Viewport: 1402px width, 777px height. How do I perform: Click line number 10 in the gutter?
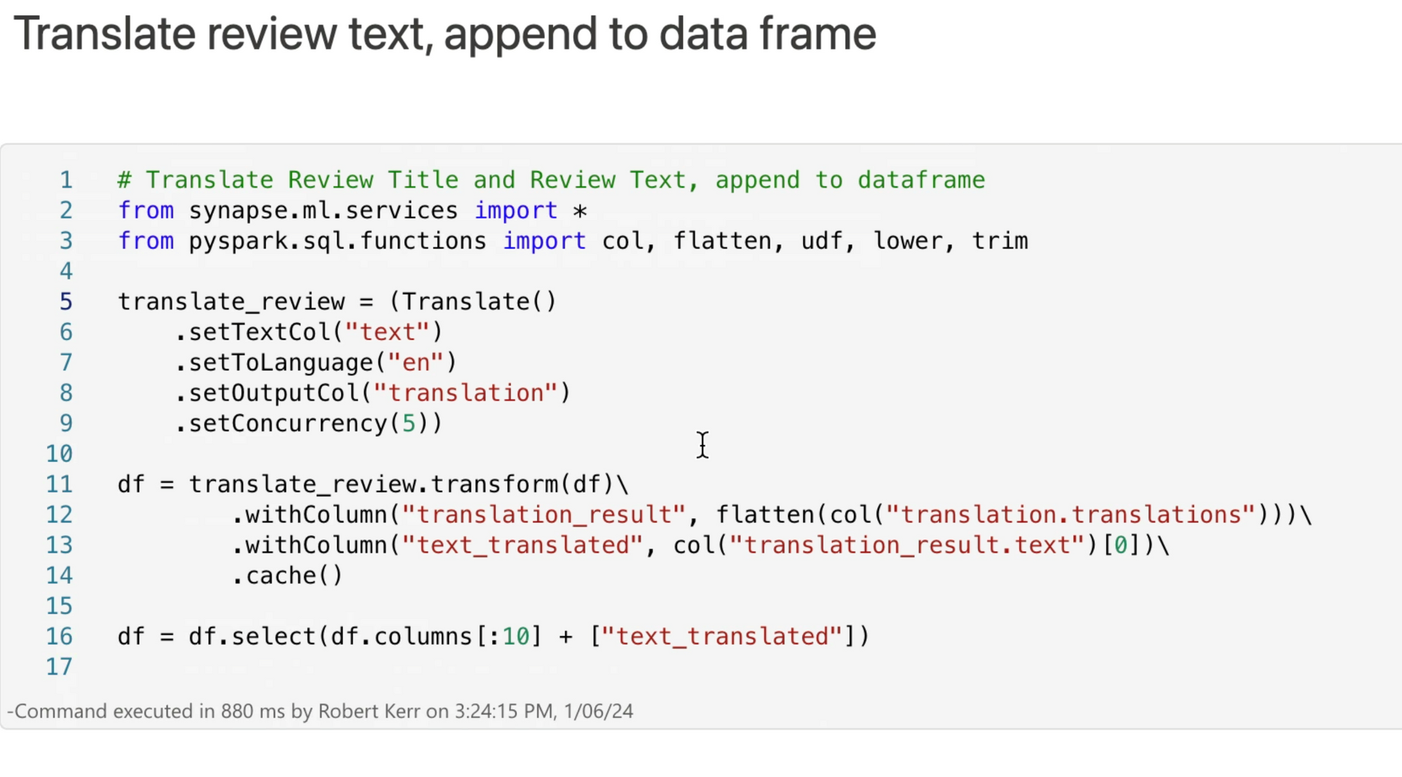point(60,454)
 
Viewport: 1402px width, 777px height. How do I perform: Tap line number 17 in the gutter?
point(60,666)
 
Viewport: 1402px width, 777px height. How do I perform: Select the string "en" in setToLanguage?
point(416,363)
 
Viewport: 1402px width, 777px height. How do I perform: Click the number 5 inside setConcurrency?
point(408,424)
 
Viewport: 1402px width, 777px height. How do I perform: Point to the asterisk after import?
point(580,210)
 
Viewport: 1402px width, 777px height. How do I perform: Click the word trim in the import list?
point(1000,241)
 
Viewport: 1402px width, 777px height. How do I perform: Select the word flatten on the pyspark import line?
point(722,241)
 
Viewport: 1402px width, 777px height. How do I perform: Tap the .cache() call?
point(287,576)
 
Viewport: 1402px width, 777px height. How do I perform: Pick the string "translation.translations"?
point(1070,515)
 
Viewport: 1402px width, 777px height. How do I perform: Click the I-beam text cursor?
point(702,445)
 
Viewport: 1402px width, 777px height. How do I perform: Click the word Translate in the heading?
point(104,34)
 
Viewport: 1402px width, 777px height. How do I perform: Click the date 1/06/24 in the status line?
point(598,711)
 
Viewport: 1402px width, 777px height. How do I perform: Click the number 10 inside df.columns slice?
point(516,637)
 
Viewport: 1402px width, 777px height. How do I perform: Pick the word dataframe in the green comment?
point(921,180)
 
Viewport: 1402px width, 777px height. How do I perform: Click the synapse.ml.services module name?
point(323,210)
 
